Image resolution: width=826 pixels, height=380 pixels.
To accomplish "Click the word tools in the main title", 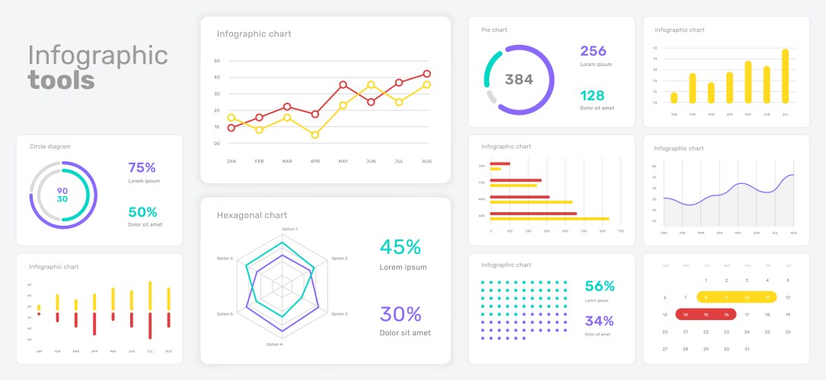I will click(x=61, y=80).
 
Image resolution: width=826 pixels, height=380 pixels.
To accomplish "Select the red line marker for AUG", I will click(x=426, y=74).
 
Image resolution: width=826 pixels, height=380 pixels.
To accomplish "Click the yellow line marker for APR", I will click(x=314, y=135).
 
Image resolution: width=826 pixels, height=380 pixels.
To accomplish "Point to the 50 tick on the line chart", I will click(x=217, y=61).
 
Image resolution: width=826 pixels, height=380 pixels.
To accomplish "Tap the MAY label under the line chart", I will click(x=343, y=161).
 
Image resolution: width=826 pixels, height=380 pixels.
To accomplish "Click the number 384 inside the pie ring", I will click(x=519, y=80).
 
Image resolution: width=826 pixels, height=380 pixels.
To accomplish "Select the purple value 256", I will click(x=593, y=51).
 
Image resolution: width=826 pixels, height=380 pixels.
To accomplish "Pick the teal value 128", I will click(x=592, y=96).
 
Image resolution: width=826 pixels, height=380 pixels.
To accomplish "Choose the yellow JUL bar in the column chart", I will click(x=785, y=76).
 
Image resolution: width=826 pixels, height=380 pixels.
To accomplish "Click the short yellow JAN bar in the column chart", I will click(x=674, y=97).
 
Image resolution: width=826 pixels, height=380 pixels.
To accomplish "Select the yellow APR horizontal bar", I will click(x=549, y=219).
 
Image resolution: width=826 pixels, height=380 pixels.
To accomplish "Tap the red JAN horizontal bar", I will click(x=500, y=163).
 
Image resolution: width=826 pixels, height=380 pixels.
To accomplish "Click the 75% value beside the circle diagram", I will click(x=142, y=168).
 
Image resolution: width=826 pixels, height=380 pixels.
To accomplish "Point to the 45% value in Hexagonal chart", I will click(x=400, y=247).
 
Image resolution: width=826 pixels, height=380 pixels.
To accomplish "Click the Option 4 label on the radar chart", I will click(x=274, y=344).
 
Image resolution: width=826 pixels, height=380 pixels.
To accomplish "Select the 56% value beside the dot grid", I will click(x=599, y=287).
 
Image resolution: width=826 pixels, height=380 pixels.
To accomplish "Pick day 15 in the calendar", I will click(x=706, y=314).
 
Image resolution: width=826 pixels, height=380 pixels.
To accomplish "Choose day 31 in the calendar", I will click(x=747, y=349).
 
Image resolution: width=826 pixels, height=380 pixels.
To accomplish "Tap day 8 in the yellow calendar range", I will click(x=706, y=297).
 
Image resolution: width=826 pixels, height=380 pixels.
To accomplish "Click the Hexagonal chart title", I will click(x=252, y=215).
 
